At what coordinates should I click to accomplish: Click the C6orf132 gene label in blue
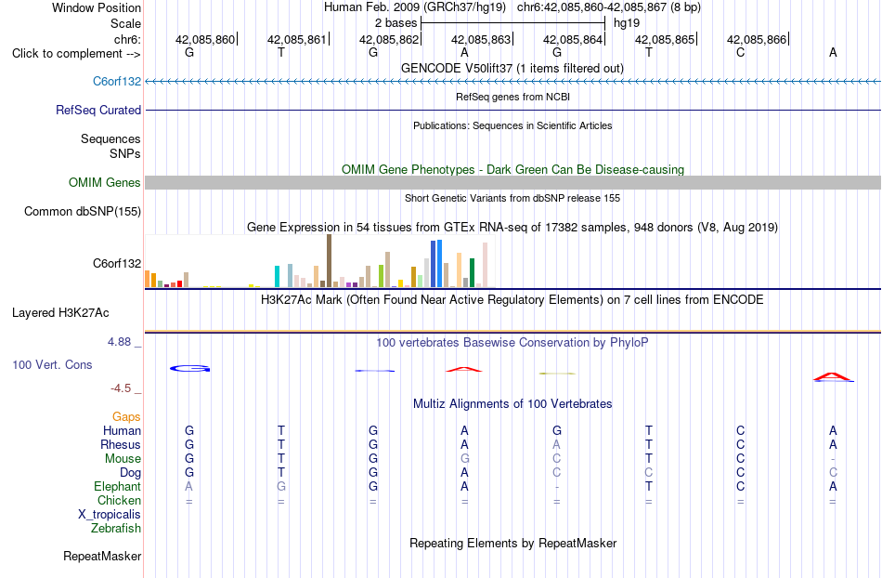pos(117,81)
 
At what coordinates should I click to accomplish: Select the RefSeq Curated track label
pos(98,110)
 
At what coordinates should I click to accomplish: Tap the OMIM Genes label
pos(105,182)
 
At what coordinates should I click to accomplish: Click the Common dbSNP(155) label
pos(83,212)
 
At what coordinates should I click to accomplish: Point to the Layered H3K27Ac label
pos(60,313)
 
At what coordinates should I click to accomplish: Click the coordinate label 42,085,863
pos(481,39)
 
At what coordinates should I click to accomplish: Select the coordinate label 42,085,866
pos(757,39)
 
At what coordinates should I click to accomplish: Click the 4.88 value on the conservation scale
pos(119,342)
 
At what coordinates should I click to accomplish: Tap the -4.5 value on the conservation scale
pos(121,388)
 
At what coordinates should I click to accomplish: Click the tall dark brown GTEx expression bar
pos(329,261)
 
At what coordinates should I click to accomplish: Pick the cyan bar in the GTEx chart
pos(277,276)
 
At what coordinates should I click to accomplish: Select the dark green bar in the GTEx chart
pos(472,273)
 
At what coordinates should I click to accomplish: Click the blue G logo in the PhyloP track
pos(189,369)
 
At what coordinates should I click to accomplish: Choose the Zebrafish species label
pos(116,528)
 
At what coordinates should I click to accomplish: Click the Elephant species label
pos(118,486)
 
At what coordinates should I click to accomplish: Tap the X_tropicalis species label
pos(110,515)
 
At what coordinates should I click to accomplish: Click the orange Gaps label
pos(126,416)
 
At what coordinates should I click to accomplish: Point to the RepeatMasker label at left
pos(102,556)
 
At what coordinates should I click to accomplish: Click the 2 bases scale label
pos(396,23)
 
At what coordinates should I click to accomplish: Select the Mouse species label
pos(123,459)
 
